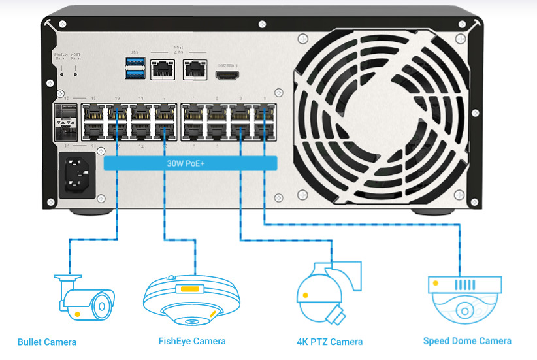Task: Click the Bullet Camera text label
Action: tap(47, 342)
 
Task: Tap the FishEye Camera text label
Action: tap(192, 341)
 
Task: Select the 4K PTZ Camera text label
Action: tap(329, 342)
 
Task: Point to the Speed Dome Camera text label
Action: tap(467, 340)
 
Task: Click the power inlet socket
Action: tap(77, 174)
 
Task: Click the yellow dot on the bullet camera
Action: tap(78, 314)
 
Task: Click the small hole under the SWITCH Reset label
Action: tap(62, 74)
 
